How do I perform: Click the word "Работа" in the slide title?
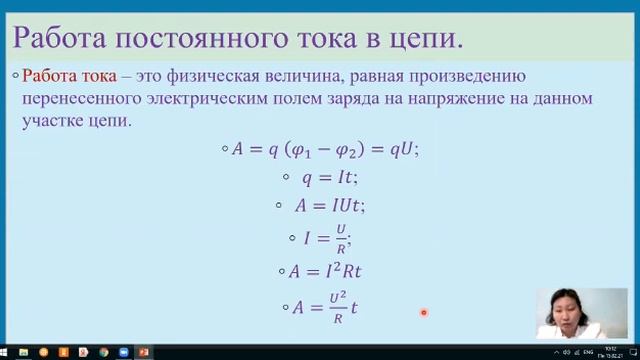[58, 39]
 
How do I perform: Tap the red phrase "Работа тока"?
[68, 76]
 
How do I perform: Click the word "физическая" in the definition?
[209, 76]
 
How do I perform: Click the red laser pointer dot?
[424, 313]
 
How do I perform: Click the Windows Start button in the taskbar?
[8, 353]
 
